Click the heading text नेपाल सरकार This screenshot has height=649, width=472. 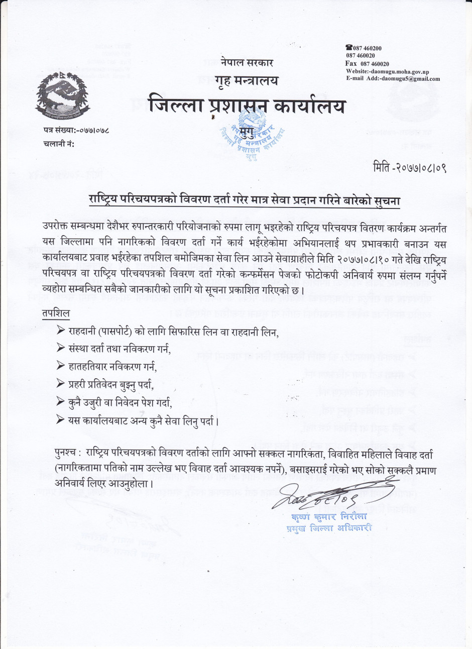(x=247, y=63)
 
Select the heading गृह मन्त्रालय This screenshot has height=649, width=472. (x=246, y=80)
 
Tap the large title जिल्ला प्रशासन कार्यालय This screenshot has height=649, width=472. (x=248, y=105)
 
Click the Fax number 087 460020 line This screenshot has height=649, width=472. (x=367, y=64)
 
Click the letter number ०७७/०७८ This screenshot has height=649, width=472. (x=93, y=131)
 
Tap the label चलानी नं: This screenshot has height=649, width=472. (x=59, y=144)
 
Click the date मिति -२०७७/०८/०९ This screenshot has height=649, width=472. (x=410, y=167)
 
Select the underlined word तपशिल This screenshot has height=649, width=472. (x=56, y=313)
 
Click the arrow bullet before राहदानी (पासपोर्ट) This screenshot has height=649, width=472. (x=61, y=331)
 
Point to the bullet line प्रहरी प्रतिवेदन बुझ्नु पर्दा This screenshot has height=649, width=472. (x=110, y=385)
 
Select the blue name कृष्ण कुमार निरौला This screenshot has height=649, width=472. (x=329, y=517)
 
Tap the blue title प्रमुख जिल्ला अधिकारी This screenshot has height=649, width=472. (x=329, y=528)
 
